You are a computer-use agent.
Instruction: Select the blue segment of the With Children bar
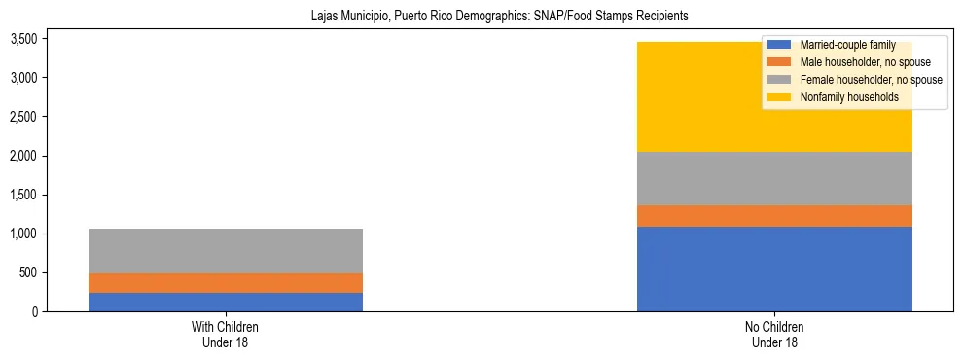click(x=225, y=302)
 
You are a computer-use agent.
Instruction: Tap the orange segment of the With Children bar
click(x=225, y=283)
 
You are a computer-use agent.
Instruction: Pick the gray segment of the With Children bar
click(x=225, y=251)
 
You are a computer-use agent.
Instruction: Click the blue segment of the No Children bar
click(x=774, y=269)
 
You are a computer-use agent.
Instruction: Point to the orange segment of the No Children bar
click(x=774, y=216)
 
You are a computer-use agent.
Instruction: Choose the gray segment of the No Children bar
click(x=774, y=178)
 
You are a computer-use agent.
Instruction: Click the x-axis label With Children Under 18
click(x=225, y=334)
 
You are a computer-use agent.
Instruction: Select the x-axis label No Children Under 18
click(x=774, y=334)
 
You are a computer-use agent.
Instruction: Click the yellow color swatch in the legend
click(x=779, y=97)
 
